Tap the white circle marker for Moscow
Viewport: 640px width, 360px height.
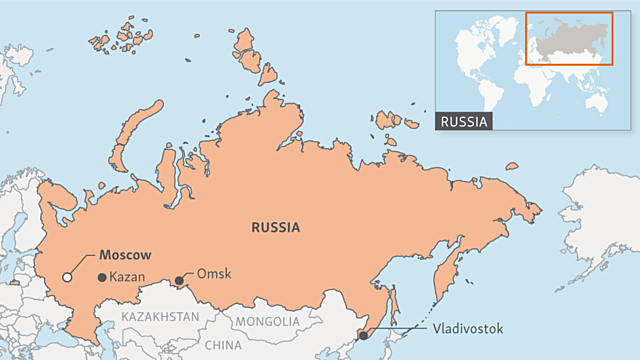[x=67, y=277]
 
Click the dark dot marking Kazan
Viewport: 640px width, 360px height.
[x=100, y=277]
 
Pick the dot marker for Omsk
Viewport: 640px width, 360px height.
[x=180, y=280]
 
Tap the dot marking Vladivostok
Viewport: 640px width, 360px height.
[x=363, y=337]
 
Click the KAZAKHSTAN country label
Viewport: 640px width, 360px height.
[x=159, y=317]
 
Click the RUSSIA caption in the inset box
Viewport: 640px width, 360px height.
[x=465, y=122]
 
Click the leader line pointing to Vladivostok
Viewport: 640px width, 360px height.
[x=400, y=330]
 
